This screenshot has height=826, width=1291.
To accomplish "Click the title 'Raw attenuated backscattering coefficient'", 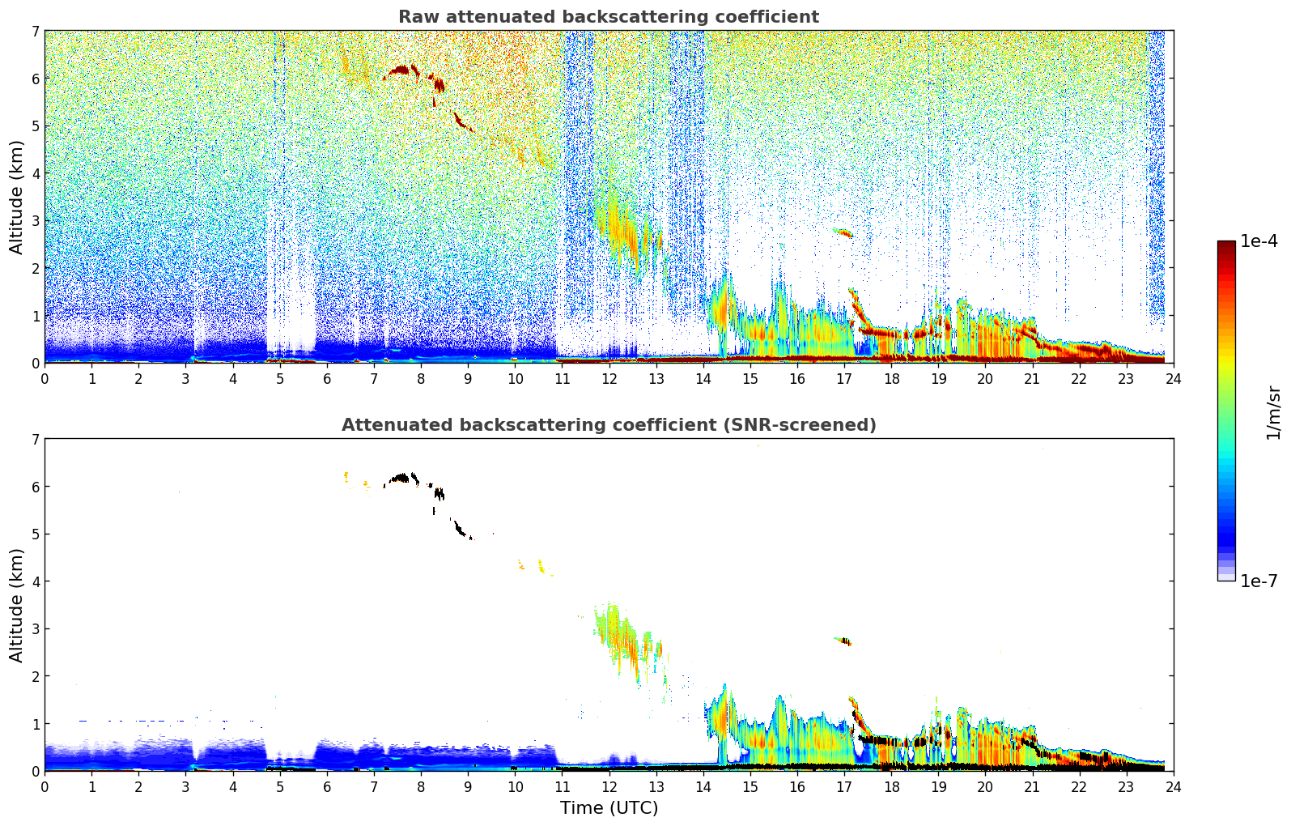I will (x=609, y=17).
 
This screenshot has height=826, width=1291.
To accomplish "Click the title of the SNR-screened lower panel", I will (x=609, y=425).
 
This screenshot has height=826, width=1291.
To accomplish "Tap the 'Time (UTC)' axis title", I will (x=609, y=808).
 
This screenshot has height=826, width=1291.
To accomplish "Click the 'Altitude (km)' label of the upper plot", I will (x=17, y=197).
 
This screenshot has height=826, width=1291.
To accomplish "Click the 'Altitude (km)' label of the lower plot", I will (x=17, y=605).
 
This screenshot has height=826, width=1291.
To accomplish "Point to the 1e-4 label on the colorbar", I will (x=1259, y=241).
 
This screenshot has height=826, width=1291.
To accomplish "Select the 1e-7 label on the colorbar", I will (x=1259, y=581).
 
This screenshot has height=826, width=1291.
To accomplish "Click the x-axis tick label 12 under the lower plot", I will (x=609, y=786).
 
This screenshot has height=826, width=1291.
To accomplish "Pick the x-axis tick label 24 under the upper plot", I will (x=1173, y=378).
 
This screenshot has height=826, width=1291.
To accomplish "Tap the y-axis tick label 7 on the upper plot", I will (x=36, y=32).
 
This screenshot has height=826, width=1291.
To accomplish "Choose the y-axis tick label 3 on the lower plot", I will (x=36, y=629).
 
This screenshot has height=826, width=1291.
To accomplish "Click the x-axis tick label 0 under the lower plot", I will (x=45, y=786).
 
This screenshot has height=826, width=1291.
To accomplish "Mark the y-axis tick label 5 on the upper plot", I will (x=36, y=126).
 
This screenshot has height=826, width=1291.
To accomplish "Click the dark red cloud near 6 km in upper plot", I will (x=401, y=71).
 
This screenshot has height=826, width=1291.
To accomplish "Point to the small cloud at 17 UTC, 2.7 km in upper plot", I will (x=844, y=233).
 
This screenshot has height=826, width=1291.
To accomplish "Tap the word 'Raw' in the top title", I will (x=414, y=17).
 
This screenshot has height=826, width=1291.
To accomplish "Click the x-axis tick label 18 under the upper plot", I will (x=891, y=378).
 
